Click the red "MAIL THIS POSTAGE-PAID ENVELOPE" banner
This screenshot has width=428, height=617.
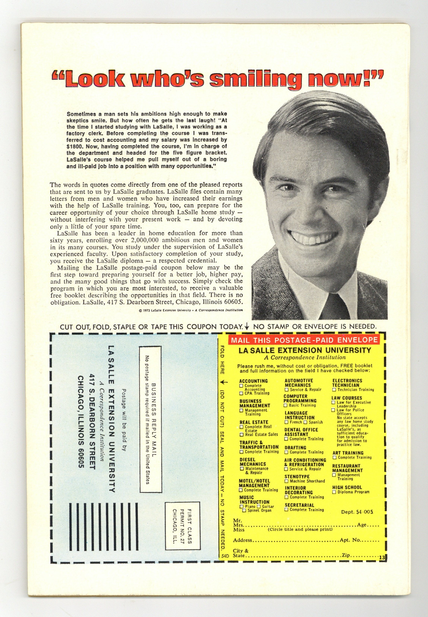[x=304, y=340]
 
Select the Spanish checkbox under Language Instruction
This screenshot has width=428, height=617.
[x=305, y=422]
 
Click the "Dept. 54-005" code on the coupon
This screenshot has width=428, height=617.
[x=357, y=512]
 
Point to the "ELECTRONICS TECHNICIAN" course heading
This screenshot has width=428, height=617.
[x=347, y=383]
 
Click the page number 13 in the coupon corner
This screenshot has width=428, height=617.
[x=382, y=558]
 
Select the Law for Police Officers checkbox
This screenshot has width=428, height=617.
[x=333, y=410]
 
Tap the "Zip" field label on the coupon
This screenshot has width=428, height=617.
[x=346, y=555]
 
